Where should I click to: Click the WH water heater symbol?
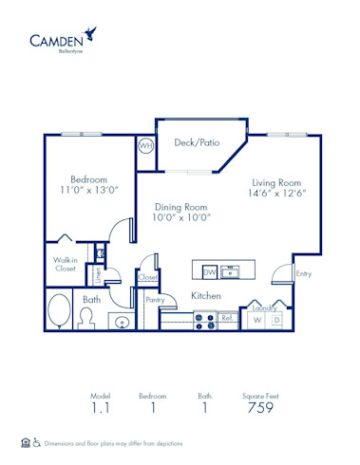pyautogui.click(x=145, y=146)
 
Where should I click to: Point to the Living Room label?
pyautogui.click(x=276, y=183)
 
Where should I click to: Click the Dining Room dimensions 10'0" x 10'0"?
pyautogui.click(x=181, y=216)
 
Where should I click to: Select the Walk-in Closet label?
pyautogui.click(x=66, y=264)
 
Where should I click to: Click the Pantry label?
pyautogui.click(x=155, y=301)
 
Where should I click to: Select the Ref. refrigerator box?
pyautogui.click(x=227, y=320)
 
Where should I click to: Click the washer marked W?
pyautogui.click(x=256, y=321)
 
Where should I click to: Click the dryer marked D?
pyautogui.click(x=276, y=321)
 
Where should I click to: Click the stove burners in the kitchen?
pyautogui.click(x=202, y=321)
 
